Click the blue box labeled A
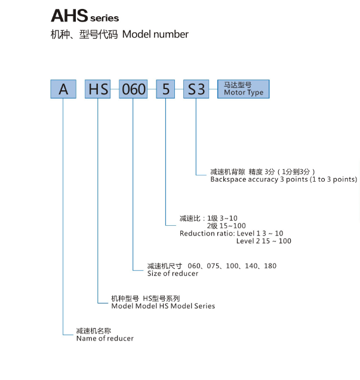click(x=63, y=89)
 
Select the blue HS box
click(x=97, y=89)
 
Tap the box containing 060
click(x=133, y=89)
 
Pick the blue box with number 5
click(x=165, y=89)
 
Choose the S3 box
click(x=196, y=89)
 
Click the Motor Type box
click(x=244, y=89)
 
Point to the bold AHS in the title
click(x=69, y=16)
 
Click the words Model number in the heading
click(x=155, y=34)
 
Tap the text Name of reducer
click(x=105, y=338)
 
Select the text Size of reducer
click(x=173, y=274)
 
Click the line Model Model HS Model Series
click(x=163, y=306)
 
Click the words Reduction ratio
click(x=207, y=234)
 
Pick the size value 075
click(x=213, y=266)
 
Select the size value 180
click(x=270, y=266)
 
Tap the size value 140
click(x=251, y=266)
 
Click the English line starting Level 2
click(x=264, y=241)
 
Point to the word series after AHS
click(x=104, y=18)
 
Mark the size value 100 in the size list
click(x=232, y=266)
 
